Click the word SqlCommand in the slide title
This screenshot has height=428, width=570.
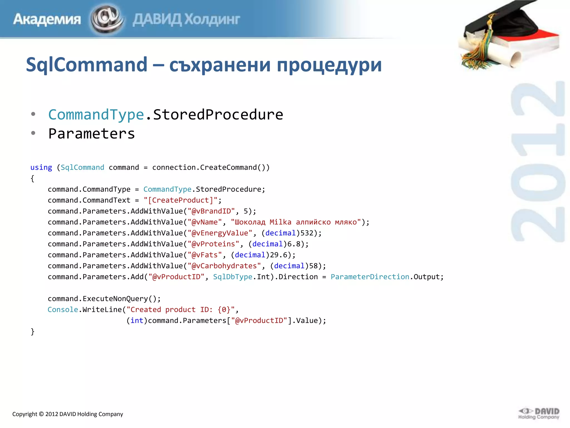(x=87, y=65)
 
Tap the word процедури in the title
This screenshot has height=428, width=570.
(x=329, y=65)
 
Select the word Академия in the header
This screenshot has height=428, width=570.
(x=47, y=19)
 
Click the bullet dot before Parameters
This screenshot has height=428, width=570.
(x=33, y=133)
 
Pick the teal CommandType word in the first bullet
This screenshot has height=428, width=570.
(x=96, y=115)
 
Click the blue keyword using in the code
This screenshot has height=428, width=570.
(x=41, y=167)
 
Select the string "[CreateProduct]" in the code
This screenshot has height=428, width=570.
(x=181, y=200)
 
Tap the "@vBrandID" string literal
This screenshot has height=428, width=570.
(x=211, y=211)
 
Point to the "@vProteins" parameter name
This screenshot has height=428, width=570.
(x=213, y=244)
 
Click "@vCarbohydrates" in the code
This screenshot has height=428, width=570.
(x=224, y=266)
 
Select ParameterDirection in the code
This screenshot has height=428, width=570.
(x=370, y=277)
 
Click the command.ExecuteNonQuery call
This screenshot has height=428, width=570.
(x=104, y=299)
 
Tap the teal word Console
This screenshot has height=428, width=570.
(x=63, y=310)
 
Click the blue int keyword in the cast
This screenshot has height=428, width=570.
(x=137, y=321)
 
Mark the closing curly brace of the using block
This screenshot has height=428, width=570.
(x=33, y=332)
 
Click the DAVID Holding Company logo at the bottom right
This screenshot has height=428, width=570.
(x=539, y=414)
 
